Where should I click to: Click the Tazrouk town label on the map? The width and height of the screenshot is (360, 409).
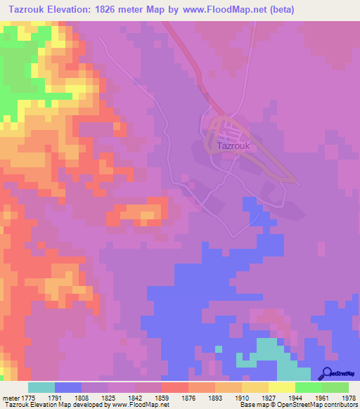229,147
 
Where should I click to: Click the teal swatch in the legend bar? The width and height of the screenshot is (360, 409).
41,387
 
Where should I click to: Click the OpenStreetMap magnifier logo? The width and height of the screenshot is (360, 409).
326,372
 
